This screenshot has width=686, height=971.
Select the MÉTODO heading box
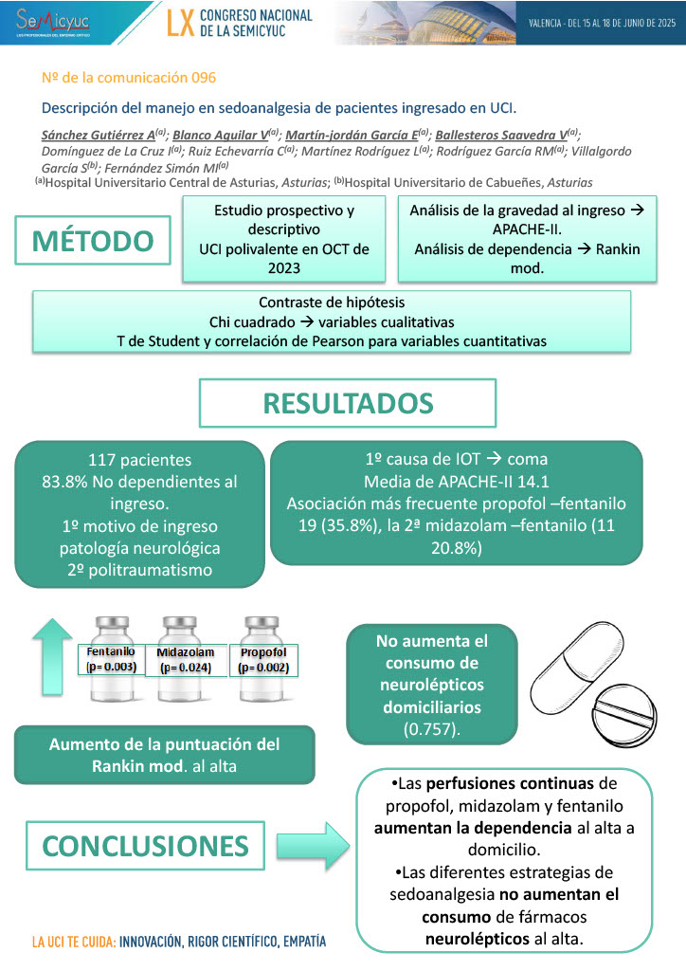point(92,241)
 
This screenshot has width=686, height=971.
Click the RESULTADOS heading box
point(348,403)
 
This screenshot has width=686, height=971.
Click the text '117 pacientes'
point(139,460)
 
